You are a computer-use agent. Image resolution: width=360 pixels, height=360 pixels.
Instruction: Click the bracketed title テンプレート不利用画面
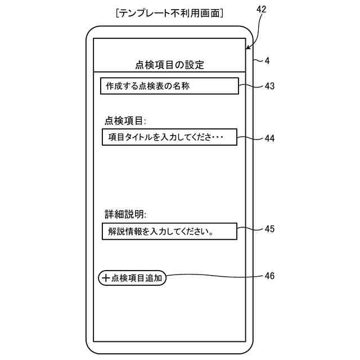169,12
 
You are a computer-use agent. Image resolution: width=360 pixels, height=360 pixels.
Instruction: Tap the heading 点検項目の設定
169,65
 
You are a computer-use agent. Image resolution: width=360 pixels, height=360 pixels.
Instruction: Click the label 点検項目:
125,120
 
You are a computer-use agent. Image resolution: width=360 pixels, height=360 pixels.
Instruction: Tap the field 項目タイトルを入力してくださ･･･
169,137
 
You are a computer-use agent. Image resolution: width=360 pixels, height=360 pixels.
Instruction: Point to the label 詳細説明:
125,214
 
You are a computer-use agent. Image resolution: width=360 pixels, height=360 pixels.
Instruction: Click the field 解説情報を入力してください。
169,231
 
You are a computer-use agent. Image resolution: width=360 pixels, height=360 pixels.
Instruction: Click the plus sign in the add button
106,278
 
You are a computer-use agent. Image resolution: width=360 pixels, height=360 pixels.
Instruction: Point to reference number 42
262,10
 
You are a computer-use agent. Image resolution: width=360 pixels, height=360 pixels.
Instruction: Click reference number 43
269,86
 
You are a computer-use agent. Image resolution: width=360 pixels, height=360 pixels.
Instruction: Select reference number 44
269,138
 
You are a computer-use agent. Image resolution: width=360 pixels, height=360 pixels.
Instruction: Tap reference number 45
269,228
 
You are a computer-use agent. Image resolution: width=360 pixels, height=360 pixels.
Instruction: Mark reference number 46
269,276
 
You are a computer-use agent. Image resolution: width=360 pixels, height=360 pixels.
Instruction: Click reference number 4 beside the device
267,61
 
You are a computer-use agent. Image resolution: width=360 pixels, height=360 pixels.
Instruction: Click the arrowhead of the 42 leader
248,48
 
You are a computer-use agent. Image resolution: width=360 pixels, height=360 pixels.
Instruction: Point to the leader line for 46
214,276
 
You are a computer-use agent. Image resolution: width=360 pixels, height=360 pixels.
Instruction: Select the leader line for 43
250,86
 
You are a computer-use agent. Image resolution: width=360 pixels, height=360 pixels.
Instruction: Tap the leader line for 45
250,229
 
